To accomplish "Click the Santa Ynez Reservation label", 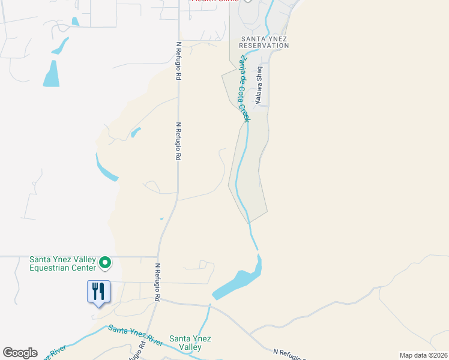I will [x=265, y=42].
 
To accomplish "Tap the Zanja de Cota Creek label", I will [x=244, y=88].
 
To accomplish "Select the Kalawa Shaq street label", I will [x=261, y=86].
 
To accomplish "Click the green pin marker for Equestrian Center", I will [x=105, y=262].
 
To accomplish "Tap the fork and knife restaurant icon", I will [x=97, y=292].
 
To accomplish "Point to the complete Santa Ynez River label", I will [x=135, y=336].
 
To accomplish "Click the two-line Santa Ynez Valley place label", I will [x=190, y=343].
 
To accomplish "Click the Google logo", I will [x=20, y=353].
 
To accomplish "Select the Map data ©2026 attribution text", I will [x=423, y=355].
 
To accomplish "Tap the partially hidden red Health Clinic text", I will [x=214, y=1].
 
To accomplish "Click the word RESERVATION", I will [x=265, y=46].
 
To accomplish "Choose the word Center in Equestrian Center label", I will [x=83, y=268].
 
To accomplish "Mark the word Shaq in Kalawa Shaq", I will [x=261, y=74].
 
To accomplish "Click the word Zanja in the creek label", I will [x=241, y=63].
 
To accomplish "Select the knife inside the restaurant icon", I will [x=101, y=292].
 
